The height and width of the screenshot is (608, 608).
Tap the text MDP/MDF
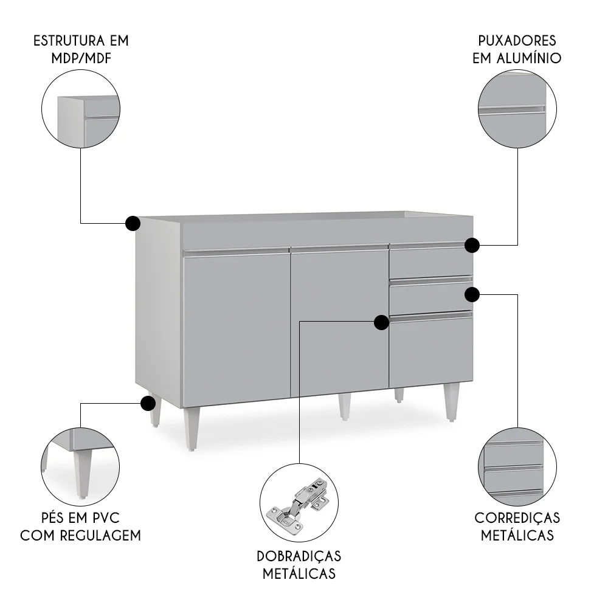pyautogui.click(x=81, y=58)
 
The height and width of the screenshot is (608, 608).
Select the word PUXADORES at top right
pyautogui.click(x=517, y=41)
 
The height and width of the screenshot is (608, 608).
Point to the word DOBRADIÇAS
pyautogui.click(x=299, y=556)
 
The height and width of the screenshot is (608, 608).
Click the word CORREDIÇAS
pyautogui.click(x=517, y=518)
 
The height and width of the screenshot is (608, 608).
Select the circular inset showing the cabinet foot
pyautogui.click(x=80, y=464)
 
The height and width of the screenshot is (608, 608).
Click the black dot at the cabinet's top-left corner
pyautogui.click(x=133, y=223)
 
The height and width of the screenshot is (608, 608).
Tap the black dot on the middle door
pyautogui.click(x=381, y=322)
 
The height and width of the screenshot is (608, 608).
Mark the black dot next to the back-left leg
pyautogui.click(x=147, y=402)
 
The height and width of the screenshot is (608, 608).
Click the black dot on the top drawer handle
pyautogui.click(x=472, y=245)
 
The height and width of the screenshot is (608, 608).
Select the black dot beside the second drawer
pyautogui.click(x=472, y=294)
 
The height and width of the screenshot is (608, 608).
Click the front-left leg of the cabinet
pyautogui.click(x=192, y=429)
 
